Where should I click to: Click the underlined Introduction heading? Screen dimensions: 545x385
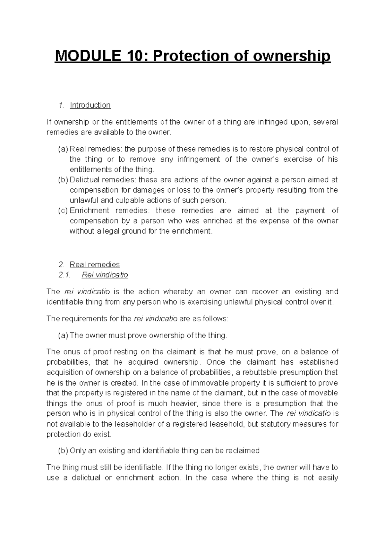(x=90, y=105)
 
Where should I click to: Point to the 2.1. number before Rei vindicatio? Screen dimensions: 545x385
(x=64, y=275)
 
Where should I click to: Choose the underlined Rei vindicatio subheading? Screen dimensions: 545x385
(x=105, y=275)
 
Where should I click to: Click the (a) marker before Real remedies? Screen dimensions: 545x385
(x=63, y=149)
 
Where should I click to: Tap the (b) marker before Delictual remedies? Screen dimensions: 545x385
(x=63, y=180)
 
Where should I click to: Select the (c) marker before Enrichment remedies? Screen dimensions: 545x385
(x=63, y=211)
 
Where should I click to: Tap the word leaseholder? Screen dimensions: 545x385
(x=138, y=424)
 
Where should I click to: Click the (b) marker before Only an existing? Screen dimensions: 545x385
(x=63, y=451)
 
